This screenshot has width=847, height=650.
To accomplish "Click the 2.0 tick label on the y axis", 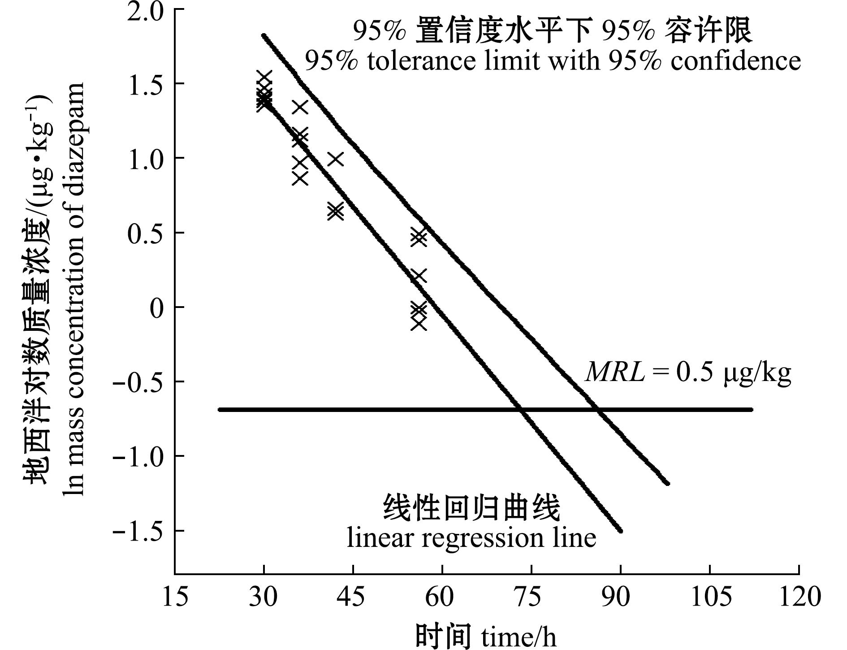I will pyautogui.click(x=145, y=11).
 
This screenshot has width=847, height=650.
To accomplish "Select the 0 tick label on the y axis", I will pyautogui.click(x=156, y=308).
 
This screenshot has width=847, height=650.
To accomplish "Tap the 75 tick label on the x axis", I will pyautogui.click(x=531, y=597).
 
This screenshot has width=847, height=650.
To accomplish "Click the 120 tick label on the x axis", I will pyautogui.click(x=799, y=597).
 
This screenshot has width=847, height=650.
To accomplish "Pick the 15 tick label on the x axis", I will pyautogui.click(x=175, y=597).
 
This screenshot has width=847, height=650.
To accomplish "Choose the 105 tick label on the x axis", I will pyautogui.click(x=710, y=597).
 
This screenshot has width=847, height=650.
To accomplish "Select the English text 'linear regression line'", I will pyautogui.click(x=471, y=538).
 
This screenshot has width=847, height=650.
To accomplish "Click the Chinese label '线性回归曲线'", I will pyautogui.click(x=471, y=509).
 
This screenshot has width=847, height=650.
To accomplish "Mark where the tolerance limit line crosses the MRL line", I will pyautogui.click(x=598, y=409).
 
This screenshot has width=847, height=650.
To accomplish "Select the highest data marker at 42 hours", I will pyautogui.click(x=335, y=159).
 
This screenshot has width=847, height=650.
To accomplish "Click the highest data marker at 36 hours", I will pyautogui.click(x=300, y=107).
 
